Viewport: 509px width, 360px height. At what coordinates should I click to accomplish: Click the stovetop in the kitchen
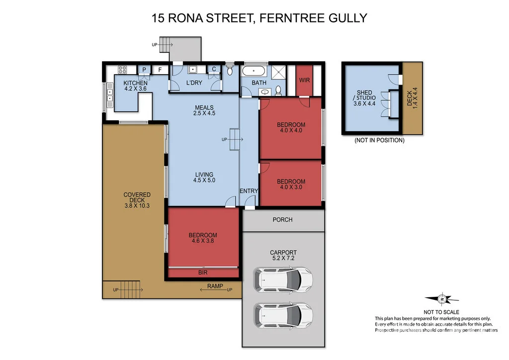click(122, 70)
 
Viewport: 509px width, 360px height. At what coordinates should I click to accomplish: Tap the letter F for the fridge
click(160, 70)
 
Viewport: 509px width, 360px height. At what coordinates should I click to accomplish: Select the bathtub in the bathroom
click(254, 71)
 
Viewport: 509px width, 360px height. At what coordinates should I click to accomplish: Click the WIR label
click(304, 80)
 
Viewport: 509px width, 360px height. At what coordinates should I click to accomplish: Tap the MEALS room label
click(204, 107)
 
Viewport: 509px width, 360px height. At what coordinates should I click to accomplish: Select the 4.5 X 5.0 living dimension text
click(204, 180)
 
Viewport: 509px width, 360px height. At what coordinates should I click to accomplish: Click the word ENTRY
click(249, 191)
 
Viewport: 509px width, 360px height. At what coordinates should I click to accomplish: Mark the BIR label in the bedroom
click(203, 272)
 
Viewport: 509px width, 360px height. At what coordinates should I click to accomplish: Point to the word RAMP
click(215, 286)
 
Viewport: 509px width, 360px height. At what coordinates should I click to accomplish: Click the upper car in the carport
click(283, 279)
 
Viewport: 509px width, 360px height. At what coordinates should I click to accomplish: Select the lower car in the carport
click(283, 314)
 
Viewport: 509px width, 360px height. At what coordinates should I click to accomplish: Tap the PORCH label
click(283, 219)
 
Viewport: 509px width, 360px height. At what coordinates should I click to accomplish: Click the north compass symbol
click(441, 299)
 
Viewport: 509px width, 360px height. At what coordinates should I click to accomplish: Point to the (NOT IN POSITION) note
click(379, 140)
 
